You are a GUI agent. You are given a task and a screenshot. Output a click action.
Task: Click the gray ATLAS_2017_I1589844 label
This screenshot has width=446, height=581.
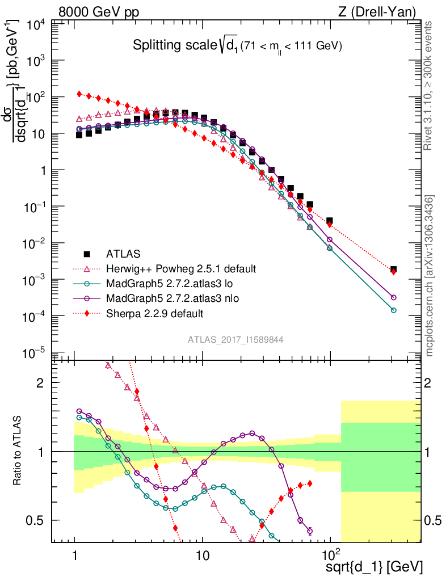(235, 339)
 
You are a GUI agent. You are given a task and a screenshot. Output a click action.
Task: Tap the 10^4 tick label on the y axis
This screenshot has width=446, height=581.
(36, 24)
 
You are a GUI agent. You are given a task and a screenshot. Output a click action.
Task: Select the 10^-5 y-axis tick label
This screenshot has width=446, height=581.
(36, 353)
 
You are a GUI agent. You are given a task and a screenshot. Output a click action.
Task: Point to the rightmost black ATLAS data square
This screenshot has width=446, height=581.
(393, 269)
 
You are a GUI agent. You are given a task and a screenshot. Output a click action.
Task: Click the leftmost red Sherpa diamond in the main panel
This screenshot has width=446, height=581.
(80, 94)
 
